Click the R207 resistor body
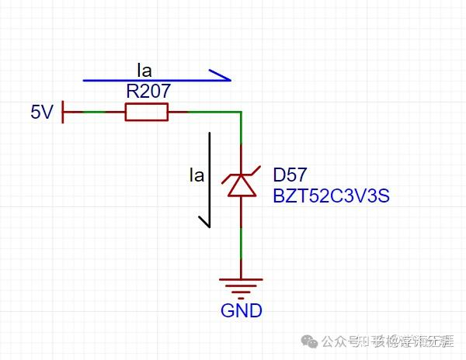(146, 112)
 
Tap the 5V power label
(41, 113)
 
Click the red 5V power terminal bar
(63, 112)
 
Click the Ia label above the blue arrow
(145, 67)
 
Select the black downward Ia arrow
(208, 178)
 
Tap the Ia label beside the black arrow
(196, 175)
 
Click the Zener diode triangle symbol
(241, 187)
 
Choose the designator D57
(289, 172)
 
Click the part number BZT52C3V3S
(330, 196)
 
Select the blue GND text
(241, 311)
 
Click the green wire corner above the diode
(241, 113)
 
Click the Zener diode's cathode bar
(241, 176)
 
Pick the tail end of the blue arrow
(85, 80)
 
